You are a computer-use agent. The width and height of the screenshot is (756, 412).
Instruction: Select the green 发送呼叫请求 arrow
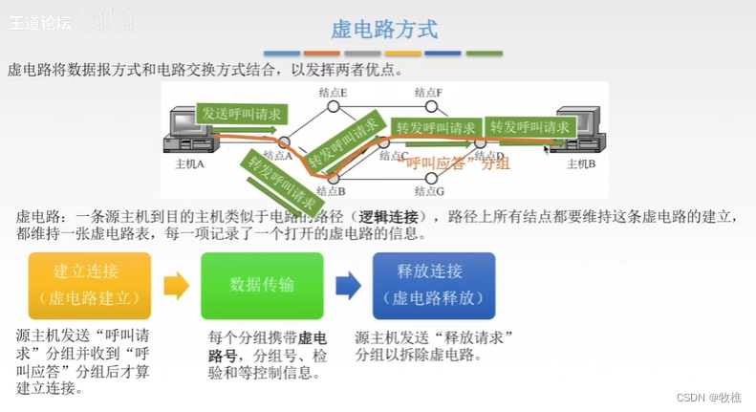click(x=242, y=113)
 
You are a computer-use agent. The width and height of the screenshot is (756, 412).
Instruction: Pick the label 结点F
click(x=428, y=92)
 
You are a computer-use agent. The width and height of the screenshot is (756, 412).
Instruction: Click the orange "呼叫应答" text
click(x=435, y=163)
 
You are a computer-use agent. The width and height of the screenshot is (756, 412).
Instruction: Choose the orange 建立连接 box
click(x=90, y=285)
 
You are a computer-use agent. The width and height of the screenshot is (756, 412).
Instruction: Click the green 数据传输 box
click(x=262, y=285)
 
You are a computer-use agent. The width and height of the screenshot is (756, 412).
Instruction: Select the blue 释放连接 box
click(x=434, y=285)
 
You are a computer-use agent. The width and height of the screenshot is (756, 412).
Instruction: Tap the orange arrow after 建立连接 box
click(x=176, y=285)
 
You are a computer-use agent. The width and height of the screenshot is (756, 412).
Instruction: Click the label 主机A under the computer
click(x=190, y=163)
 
